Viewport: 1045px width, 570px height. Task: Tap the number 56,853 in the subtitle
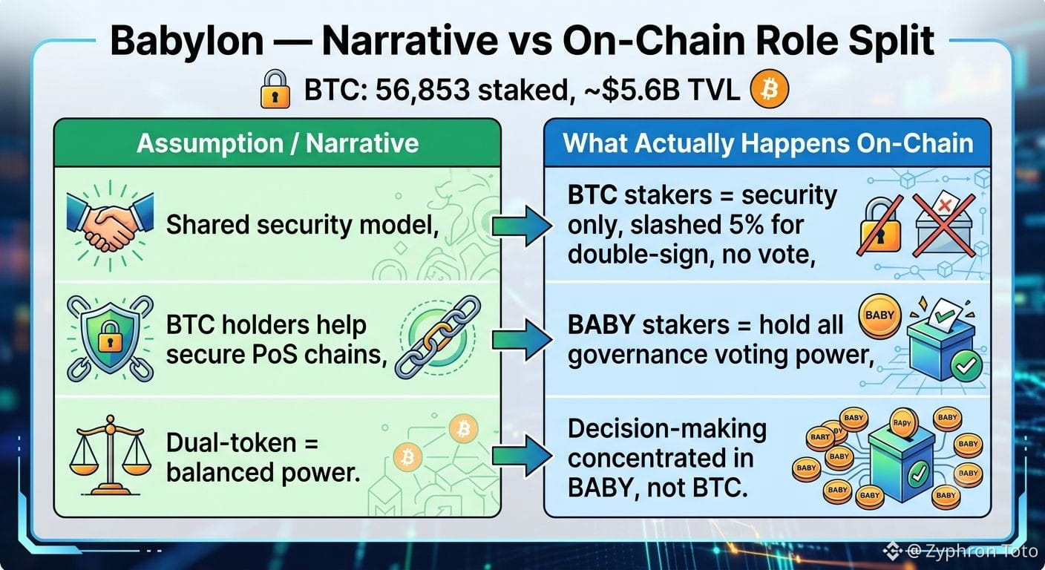click(422, 90)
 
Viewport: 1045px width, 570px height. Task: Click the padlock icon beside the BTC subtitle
click(275, 88)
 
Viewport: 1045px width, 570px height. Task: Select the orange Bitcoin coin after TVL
click(770, 88)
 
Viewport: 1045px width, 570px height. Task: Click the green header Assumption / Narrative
click(278, 143)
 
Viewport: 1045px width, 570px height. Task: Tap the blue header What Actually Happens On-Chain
click(768, 143)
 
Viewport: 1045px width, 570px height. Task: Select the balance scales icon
click(110, 456)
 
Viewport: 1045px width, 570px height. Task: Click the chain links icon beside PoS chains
click(438, 337)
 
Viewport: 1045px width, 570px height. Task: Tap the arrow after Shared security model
click(522, 226)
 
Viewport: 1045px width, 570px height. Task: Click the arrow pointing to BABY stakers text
click(522, 340)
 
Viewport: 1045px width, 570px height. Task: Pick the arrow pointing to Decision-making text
click(522, 456)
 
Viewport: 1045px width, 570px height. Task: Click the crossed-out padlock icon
click(880, 226)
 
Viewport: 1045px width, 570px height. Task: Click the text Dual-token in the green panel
click(232, 442)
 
